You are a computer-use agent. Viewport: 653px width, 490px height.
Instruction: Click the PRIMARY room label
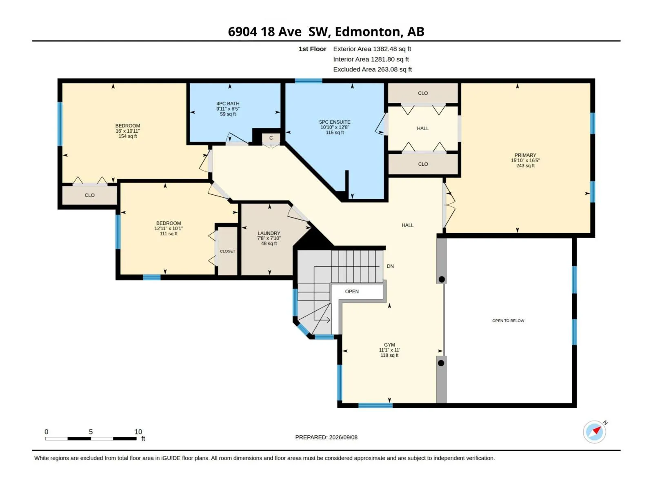pos(525,155)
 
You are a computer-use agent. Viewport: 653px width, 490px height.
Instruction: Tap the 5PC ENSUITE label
pos(335,122)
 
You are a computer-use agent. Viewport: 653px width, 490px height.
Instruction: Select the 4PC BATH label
pos(228,104)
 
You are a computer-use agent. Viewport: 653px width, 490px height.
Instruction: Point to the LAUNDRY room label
pos(269,233)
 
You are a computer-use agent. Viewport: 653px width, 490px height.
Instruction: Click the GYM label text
pos(389,345)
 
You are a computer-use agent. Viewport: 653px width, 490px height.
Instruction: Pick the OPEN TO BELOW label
pos(508,321)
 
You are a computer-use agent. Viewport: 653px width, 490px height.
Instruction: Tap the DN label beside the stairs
pos(390,266)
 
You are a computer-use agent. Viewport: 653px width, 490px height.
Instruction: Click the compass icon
pos(594,432)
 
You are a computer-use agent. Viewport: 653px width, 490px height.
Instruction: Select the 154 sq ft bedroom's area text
pos(128,136)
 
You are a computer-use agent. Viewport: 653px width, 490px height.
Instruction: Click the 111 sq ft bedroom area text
pos(169,234)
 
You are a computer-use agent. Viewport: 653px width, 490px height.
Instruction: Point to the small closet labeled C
pos(271,138)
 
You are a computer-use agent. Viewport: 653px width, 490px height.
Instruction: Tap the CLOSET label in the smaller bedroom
pos(228,252)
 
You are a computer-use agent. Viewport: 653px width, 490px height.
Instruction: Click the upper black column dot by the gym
pos(442,279)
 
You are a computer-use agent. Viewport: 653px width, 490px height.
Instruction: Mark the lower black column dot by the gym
pos(441,363)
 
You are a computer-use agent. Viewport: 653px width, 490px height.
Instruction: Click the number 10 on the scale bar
pos(138,432)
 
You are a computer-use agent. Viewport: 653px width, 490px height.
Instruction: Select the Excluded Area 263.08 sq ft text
pos(373,69)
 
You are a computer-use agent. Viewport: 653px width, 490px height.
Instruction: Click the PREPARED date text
pos(326,437)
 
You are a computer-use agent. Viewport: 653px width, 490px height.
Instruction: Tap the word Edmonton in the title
pos(367,31)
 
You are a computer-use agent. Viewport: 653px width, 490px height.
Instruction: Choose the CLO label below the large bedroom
pos(89,196)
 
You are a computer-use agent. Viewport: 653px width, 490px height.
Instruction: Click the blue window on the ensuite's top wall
pos(309,80)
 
